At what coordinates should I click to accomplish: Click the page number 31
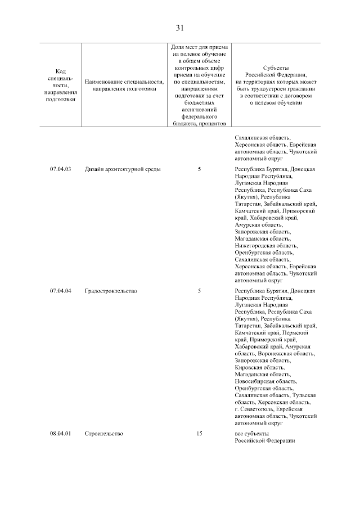pyautogui.click(x=180, y=28)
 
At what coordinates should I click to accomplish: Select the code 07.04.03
pyautogui.click(x=61, y=169)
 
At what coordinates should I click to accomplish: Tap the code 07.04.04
pyautogui.click(x=61, y=291)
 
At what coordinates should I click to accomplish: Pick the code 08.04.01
pyautogui.click(x=61, y=434)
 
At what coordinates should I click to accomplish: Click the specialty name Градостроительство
pyautogui.click(x=111, y=291)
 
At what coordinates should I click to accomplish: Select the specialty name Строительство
pyautogui.click(x=104, y=434)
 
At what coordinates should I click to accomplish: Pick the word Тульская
pyautogui.click(x=304, y=395)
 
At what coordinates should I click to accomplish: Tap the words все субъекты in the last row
pyautogui.click(x=251, y=434)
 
